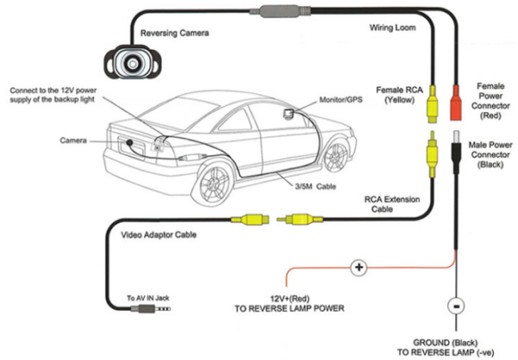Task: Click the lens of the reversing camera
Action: point(132,62)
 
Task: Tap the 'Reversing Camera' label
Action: point(177,35)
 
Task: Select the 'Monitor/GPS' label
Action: point(338,99)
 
